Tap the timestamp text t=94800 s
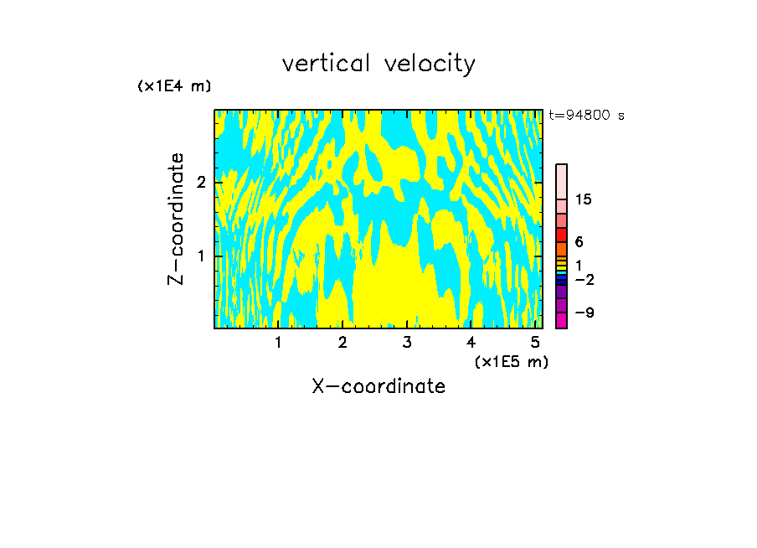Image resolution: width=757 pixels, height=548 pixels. point(586,116)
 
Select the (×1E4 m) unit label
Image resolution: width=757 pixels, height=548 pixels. point(174,86)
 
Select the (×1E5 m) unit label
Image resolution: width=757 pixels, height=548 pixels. point(511,361)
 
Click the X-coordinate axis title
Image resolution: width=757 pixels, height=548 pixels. point(378,386)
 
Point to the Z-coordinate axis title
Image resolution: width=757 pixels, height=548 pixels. point(176,219)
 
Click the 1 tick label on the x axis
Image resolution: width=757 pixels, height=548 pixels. point(278,342)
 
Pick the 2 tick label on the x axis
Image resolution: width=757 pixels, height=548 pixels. point(342,342)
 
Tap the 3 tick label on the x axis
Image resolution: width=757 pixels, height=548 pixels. point(406,342)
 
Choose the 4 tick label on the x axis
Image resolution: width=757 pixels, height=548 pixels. point(471,342)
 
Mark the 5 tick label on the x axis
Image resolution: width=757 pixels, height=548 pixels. point(535,342)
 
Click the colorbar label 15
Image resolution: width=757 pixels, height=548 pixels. point(584,199)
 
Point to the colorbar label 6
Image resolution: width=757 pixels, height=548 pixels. point(579,241)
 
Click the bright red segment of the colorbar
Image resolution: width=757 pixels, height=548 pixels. point(561,235)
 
